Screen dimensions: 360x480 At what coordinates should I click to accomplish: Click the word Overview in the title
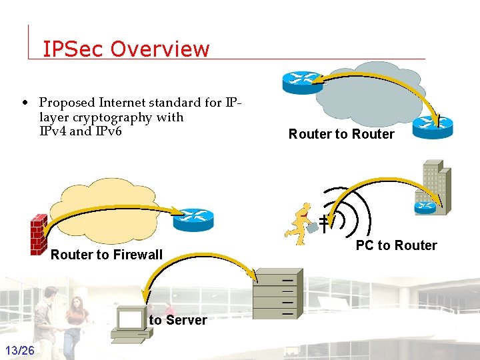point(160,49)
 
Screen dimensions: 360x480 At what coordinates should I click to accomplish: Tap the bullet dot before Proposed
point(25,103)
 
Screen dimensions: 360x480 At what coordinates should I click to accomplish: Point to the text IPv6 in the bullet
point(107,131)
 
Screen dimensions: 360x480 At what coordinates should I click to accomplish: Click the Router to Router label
point(341,134)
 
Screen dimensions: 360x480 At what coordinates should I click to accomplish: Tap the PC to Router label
point(396,245)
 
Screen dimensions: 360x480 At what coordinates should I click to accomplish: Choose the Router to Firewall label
point(107,255)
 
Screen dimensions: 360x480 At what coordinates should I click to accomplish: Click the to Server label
point(178,320)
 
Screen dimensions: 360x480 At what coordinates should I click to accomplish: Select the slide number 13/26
point(20,351)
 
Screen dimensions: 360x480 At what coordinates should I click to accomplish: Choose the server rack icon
point(277,291)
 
